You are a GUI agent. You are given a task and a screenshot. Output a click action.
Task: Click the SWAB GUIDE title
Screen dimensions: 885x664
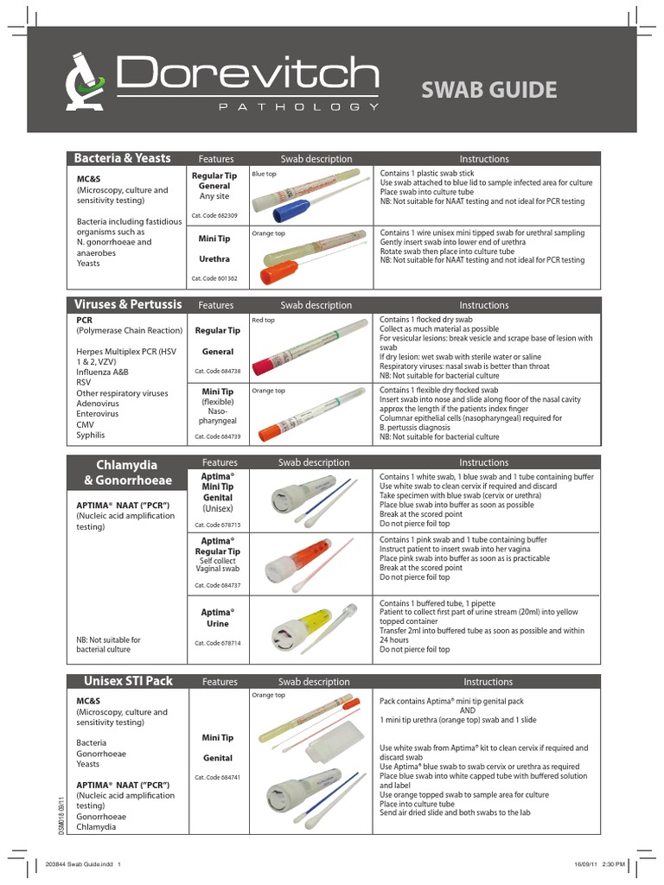click(488, 89)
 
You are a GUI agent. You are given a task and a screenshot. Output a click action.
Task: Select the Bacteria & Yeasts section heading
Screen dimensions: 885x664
click(123, 158)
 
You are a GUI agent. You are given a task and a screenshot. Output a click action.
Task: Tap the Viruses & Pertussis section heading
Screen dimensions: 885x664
click(128, 305)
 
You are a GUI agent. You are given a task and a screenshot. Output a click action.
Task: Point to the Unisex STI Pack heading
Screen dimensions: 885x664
click(128, 681)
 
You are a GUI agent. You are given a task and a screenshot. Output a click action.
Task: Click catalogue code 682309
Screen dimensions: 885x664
click(214, 214)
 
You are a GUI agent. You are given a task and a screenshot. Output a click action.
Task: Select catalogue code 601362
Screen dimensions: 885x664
click(214, 278)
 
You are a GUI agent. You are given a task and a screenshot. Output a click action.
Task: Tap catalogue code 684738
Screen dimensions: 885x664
click(214, 371)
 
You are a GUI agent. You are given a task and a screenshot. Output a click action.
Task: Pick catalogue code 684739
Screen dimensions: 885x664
click(214, 436)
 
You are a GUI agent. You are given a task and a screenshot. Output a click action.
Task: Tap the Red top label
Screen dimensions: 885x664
click(262, 321)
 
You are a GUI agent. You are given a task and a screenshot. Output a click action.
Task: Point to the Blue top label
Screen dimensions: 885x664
click(263, 174)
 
